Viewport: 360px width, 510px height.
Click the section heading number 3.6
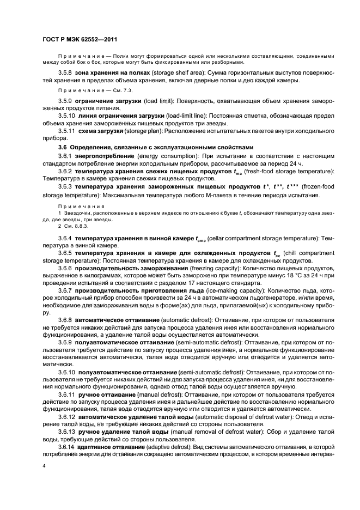pyautogui.click(x=63, y=147)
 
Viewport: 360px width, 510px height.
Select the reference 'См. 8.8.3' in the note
pyautogui.click(x=76, y=225)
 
